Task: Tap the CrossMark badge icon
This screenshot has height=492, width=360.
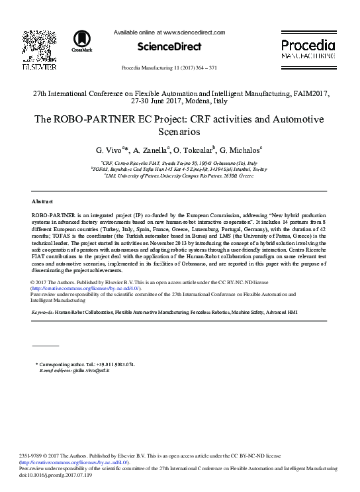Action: pyautogui.click(x=82, y=42)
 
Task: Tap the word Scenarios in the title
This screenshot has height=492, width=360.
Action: pyautogui.click(x=179, y=132)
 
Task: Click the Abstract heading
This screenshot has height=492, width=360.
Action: pyautogui.click(x=43, y=201)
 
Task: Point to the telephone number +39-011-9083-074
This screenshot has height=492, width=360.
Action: pyautogui.click(x=112, y=365)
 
